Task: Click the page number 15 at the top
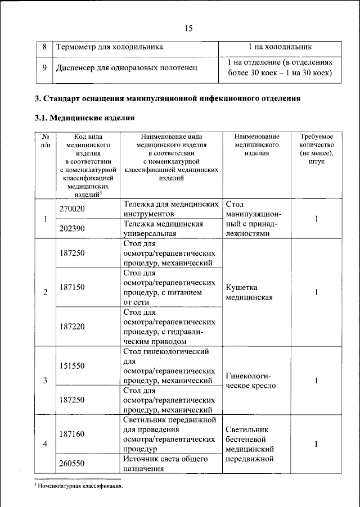(x=188, y=29)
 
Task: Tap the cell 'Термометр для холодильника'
(x=109, y=47)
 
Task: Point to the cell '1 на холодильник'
(x=280, y=47)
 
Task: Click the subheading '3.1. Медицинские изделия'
(x=84, y=118)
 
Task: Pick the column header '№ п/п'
(x=46, y=141)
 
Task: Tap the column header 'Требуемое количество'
(x=316, y=149)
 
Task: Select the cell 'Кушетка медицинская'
(x=249, y=292)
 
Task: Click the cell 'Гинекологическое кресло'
(x=250, y=381)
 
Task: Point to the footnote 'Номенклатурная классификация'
(x=79, y=485)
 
